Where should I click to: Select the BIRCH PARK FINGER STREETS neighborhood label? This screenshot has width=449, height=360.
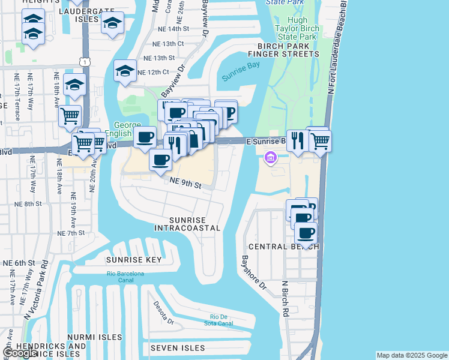[288, 50]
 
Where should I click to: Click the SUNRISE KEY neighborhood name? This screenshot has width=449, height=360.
[134, 260]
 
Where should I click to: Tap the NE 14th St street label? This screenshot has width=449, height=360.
[170, 29]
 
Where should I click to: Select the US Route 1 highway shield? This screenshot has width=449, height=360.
[87, 61]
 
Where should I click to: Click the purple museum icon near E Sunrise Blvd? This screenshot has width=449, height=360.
[270, 158]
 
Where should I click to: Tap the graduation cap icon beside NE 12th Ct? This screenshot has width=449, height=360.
[125, 72]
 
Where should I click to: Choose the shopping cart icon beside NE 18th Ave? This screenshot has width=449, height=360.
[70, 115]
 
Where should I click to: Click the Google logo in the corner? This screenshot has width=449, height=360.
[19, 353]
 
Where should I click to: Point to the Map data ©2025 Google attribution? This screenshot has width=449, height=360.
[412, 355]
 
